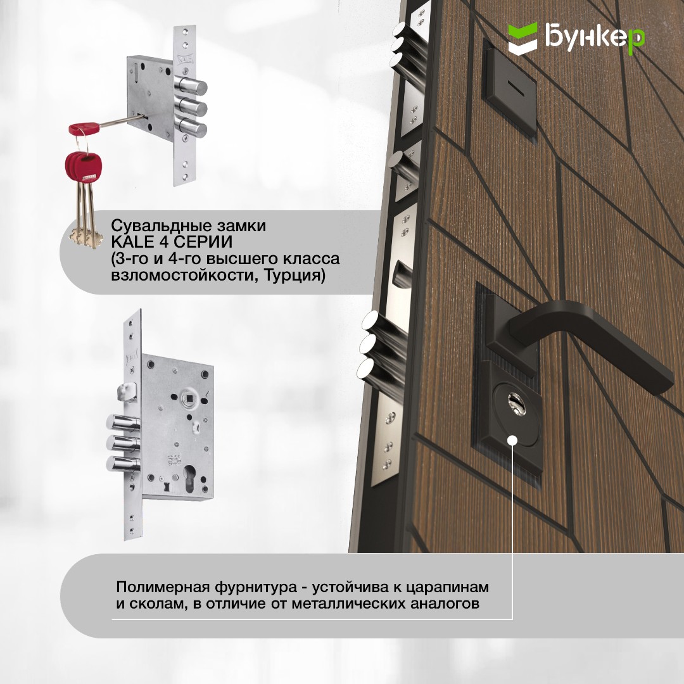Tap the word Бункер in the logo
[x=595, y=37]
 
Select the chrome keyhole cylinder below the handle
[x=517, y=404]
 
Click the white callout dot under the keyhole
[x=512, y=440]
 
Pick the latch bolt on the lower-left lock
[x=127, y=391]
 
